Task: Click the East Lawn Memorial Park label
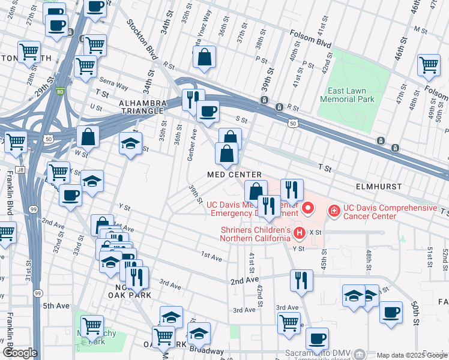[x=347, y=95]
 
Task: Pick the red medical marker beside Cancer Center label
[x=333, y=211]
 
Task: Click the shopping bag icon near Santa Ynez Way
[x=205, y=58]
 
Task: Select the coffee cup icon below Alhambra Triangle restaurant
[x=208, y=112]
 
